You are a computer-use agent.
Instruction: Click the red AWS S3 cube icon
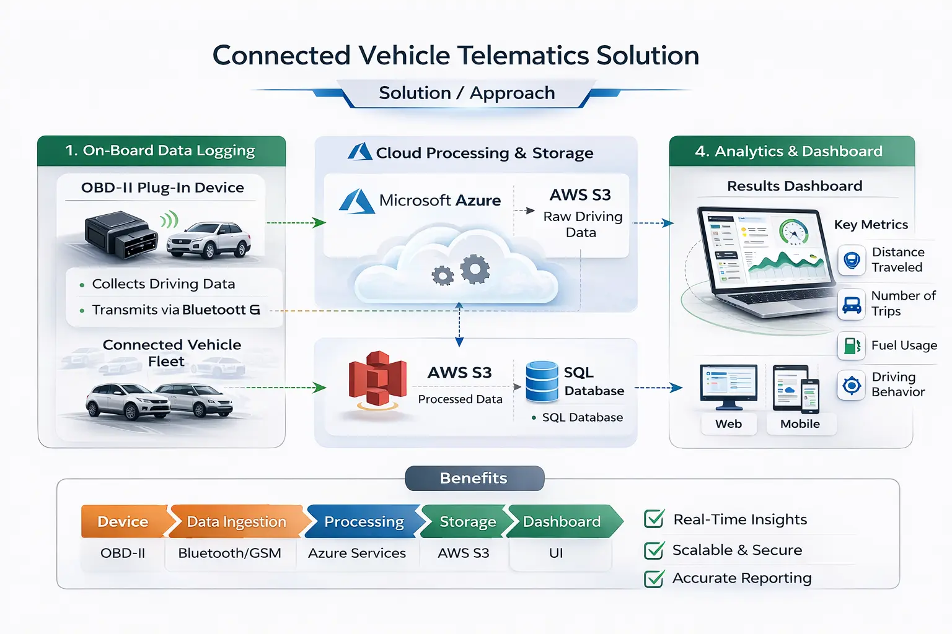coord(377,380)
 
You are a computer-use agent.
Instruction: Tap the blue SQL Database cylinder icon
coord(542,381)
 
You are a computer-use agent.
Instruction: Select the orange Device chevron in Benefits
coord(123,521)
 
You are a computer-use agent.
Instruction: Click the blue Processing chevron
coord(364,521)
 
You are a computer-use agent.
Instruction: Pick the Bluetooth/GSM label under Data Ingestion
coord(229,553)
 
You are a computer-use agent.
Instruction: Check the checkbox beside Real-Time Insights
coord(654,519)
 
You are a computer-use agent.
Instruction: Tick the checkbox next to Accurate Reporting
coord(654,578)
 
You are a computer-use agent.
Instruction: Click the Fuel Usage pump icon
coord(852,345)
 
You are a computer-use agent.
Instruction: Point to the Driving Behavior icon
coord(852,385)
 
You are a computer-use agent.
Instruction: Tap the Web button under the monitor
coord(728,424)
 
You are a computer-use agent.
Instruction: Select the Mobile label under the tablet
coord(800,424)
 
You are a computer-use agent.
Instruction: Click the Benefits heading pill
coord(474,478)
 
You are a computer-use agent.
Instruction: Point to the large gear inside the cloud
coord(475,269)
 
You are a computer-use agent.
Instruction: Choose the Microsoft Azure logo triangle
coord(357,202)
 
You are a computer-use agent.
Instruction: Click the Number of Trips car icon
coord(852,304)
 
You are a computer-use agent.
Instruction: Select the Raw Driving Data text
coord(582,224)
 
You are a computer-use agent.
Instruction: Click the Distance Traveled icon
coord(852,260)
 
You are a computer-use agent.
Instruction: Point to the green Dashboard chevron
coord(562,521)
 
